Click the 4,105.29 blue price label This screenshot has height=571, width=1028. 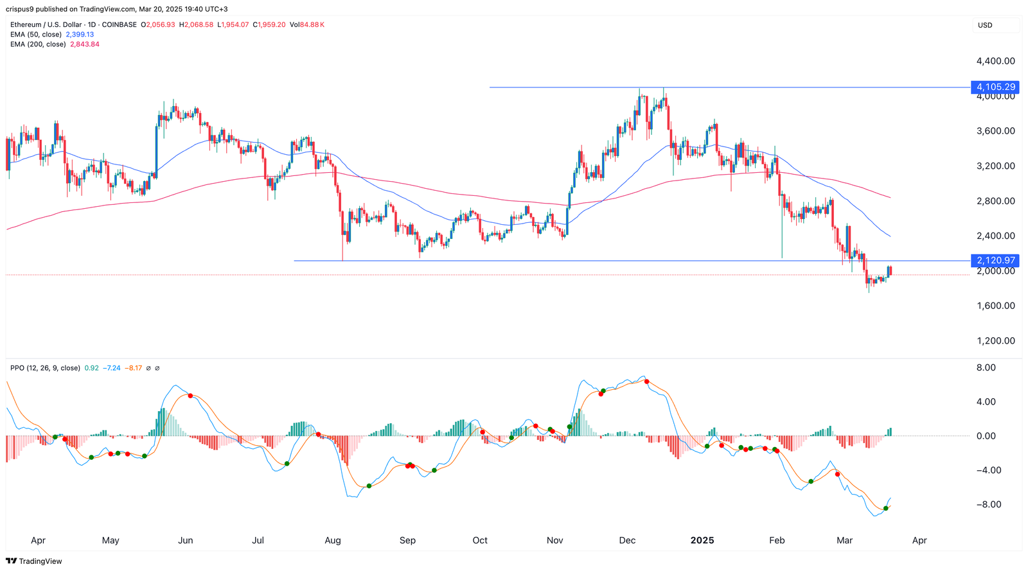point(995,87)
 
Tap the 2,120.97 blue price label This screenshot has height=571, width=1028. point(995,260)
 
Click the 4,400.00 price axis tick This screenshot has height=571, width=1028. point(995,61)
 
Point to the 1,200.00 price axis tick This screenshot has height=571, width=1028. point(995,340)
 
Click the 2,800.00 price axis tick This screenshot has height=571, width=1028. point(995,201)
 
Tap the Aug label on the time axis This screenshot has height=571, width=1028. point(333,540)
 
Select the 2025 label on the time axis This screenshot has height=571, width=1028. point(702,540)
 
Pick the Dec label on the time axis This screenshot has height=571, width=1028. point(627,540)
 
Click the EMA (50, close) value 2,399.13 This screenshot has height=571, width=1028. point(80,35)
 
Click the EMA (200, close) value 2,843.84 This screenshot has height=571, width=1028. point(84,44)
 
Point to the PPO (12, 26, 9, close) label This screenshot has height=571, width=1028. point(45,368)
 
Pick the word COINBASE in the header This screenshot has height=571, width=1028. point(120,25)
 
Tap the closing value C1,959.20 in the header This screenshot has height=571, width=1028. point(269,25)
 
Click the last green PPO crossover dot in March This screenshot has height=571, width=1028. point(886,508)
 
